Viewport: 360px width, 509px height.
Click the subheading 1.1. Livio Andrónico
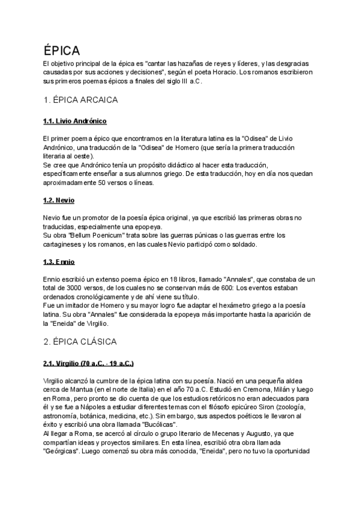click(75, 121)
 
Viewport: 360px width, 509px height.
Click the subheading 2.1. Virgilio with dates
click(89, 364)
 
